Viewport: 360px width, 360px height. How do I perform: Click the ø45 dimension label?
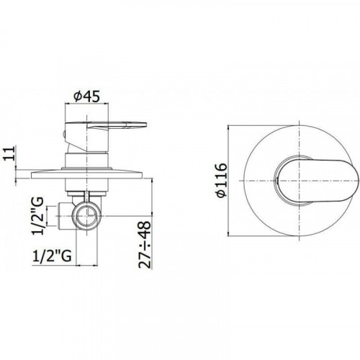86,96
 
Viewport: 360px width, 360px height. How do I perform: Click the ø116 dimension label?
221,180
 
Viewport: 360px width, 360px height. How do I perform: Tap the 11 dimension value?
9,153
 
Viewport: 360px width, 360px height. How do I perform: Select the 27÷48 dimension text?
145,244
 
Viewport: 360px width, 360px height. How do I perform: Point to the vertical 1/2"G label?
37,215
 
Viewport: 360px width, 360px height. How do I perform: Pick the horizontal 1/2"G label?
52,256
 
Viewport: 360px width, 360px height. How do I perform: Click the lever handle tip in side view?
145,125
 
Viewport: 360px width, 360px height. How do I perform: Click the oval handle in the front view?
317,181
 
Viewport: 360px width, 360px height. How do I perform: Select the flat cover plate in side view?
87,174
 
